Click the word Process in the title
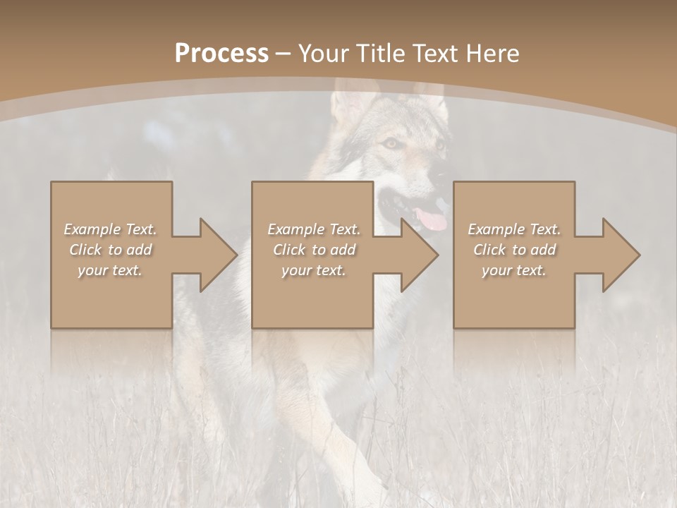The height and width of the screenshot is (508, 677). (221, 54)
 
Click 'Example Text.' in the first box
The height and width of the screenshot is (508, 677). (110, 229)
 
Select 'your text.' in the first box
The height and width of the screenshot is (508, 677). (110, 270)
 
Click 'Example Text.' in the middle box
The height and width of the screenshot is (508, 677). (314, 229)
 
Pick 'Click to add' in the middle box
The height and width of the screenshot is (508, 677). (314, 250)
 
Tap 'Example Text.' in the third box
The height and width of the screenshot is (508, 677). (514, 229)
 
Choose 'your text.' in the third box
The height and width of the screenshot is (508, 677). (514, 270)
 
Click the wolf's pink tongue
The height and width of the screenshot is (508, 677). (432, 220)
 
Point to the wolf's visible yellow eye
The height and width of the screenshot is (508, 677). (391, 143)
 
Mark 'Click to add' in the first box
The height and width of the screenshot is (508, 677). (110, 250)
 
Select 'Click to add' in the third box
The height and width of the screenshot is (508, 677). (514, 250)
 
